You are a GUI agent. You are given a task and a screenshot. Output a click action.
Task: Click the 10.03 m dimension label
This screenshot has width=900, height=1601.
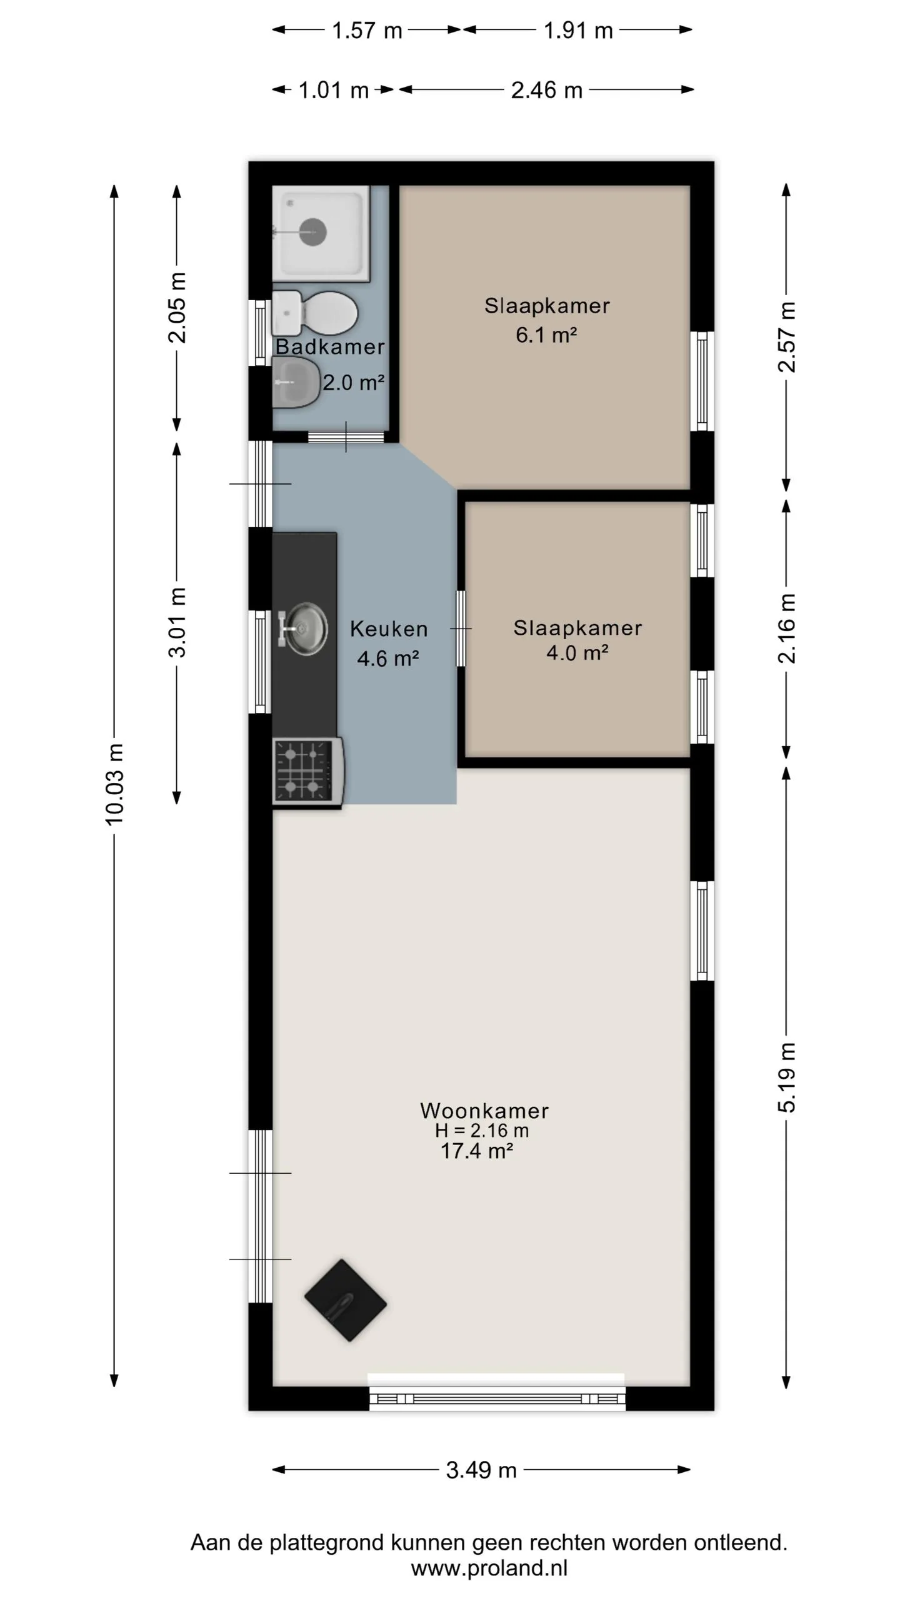click(114, 784)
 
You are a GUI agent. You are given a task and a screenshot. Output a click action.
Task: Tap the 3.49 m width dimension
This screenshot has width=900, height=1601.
click(481, 1469)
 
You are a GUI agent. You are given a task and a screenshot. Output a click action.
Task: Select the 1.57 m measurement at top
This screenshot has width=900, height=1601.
click(367, 30)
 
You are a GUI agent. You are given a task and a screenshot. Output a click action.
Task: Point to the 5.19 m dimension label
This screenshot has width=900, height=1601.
click(787, 1078)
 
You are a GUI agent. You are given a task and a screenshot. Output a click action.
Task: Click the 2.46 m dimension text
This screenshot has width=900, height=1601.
click(547, 90)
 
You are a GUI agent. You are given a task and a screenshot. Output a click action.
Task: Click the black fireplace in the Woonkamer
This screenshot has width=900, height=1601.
click(345, 1300)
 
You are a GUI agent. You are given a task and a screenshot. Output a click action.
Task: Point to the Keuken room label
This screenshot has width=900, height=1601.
click(389, 629)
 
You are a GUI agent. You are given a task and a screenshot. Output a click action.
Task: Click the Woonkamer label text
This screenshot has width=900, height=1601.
click(484, 1111)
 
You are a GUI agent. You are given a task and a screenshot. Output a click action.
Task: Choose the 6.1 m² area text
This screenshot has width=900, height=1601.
click(546, 335)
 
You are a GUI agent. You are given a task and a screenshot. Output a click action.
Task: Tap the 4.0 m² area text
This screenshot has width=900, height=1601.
click(577, 653)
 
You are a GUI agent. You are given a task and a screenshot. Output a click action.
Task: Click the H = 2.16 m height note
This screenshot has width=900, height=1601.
click(482, 1131)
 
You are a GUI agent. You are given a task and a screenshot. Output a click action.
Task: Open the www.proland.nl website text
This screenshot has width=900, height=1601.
click(489, 1568)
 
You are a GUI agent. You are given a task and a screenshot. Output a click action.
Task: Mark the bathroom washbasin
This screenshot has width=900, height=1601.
click(296, 382)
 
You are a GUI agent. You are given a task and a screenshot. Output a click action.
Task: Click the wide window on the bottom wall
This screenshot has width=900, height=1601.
click(497, 1398)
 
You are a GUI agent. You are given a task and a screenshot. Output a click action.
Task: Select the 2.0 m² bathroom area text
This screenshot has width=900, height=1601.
click(353, 382)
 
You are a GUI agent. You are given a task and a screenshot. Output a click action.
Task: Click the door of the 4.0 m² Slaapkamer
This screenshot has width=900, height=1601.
click(461, 628)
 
